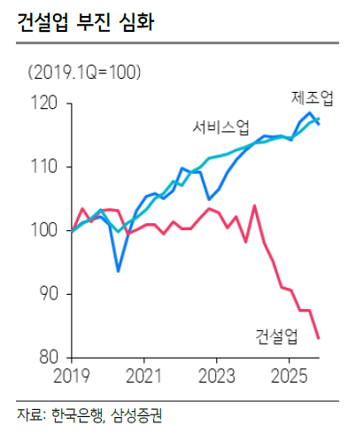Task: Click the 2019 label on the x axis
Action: tap(71, 375)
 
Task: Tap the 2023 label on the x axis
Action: tap(217, 375)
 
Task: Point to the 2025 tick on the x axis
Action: tap(290, 375)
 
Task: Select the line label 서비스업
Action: tap(221, 128)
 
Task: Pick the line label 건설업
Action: tap(274, 336)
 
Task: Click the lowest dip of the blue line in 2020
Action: tap(118, 271)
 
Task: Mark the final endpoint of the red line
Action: tap(318, 338)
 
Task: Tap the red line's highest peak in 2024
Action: tap(254, 205)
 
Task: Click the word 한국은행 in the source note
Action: tap(78, 414)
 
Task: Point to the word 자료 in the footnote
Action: tap(27, 414)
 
